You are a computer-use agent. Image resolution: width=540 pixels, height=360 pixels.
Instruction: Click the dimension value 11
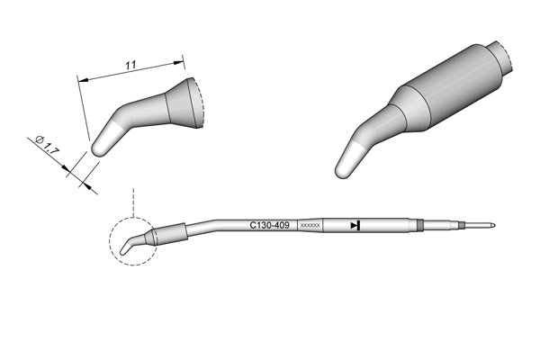[x=130, y=65]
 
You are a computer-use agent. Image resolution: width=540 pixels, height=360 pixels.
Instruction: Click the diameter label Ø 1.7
[x=48, y=144]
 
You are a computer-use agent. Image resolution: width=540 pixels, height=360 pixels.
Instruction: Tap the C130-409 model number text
[x=269, y=226]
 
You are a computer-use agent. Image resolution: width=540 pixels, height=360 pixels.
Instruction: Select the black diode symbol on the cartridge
[x=355, y=226]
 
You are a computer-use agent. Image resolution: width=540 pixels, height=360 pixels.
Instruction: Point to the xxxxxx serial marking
[x=310, y=226]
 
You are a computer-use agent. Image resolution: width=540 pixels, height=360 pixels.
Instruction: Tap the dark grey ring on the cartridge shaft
[x=419, y=225]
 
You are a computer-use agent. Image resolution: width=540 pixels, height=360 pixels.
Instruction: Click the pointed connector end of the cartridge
[x=494, y=226]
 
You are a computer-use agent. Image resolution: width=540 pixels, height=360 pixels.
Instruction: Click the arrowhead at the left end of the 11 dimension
[x=83, y=80]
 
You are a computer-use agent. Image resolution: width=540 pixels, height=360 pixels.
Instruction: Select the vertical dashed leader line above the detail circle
[x=133, y=202]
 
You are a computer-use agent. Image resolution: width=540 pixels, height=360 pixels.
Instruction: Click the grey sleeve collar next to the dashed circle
[x=172, y=234]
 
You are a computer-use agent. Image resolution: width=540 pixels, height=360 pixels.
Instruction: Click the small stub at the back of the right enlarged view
[x=501, y=58]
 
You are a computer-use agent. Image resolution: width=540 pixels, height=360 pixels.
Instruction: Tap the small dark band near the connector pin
[x=462, y=226]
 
